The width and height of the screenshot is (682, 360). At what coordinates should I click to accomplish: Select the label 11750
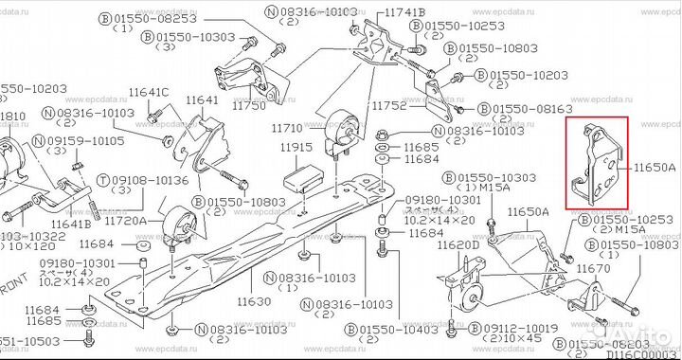250,105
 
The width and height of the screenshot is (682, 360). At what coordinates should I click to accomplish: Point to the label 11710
287,127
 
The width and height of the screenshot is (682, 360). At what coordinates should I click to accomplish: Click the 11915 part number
296,148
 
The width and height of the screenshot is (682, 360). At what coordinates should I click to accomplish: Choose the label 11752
388,106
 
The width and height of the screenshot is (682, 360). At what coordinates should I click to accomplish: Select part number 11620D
458,245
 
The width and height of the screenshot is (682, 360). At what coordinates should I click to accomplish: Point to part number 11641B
71,224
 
